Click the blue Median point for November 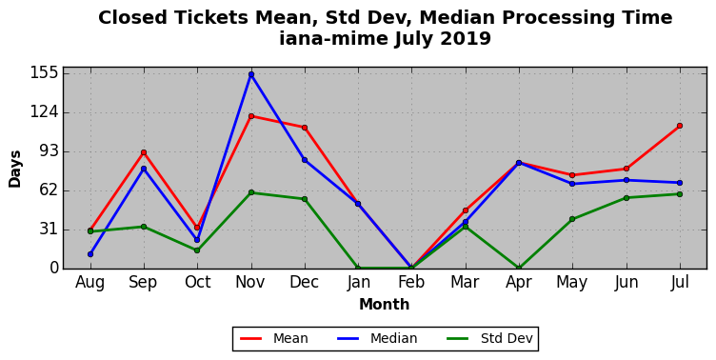point(251,74)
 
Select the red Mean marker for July point(680,126)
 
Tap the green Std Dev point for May point(572,219)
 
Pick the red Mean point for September point(144,152)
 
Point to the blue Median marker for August point(90,254)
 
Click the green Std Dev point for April point(519,269)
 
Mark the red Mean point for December point(305,128)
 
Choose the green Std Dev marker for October point(197,250)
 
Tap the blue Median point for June point(626,180)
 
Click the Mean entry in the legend point(274,338)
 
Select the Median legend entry point(377,338)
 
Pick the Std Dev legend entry point(489,338)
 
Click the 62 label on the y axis point(50,190)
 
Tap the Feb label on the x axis point(411,282)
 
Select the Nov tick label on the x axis point(250,282)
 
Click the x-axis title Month point(384,304)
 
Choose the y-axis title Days point(15,169)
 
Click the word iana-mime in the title point(333,38)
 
